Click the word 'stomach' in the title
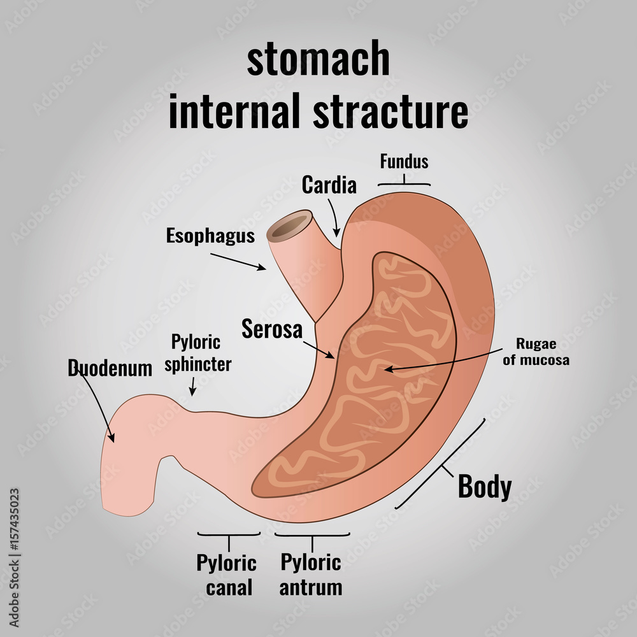click(318, 59)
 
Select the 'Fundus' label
click(404, 162)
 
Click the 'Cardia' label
click(329, 185)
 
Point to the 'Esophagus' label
click(210, 236)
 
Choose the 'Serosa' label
click(272, 329)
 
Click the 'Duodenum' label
click(110, 368)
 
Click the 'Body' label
click(484, 487)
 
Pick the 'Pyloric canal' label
click(226, 574)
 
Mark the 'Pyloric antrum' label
click(311, 574)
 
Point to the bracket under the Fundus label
click(404, 184)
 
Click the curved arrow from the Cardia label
click(333, 217)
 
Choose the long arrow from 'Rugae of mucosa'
click(446, 362)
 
